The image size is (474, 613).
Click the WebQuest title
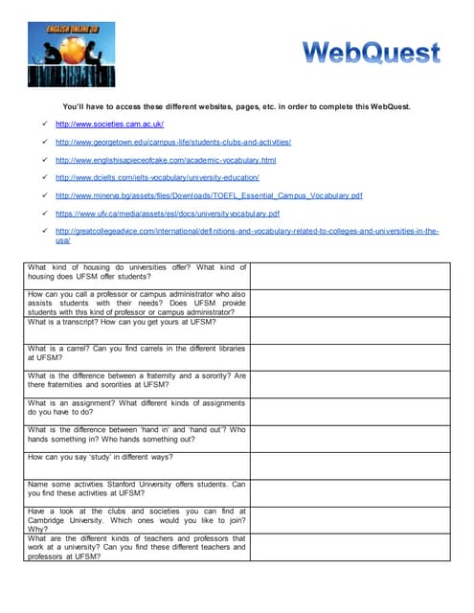pyautogui.click(x=372, y=52)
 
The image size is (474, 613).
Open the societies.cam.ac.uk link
pyautogui.click(x=109, y=125)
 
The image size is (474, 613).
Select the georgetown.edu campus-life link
pyautogui.click(x=173, y=142)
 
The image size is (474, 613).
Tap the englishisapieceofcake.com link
pyautogui.click(x=166, y=160)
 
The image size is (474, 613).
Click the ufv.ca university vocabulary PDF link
pyautogui.click(x=168, y=213)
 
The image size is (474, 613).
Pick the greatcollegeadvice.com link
pyautogui.click(x=246, y=231)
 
